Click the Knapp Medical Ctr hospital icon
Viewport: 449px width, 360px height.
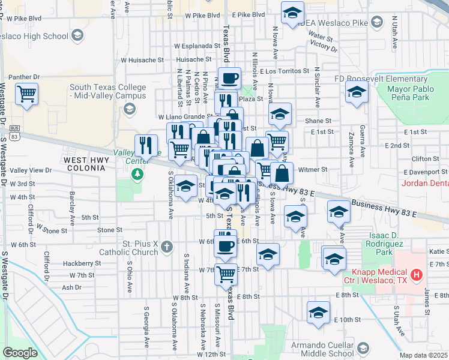[x=417, y=275]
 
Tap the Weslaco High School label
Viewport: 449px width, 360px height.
[x=35, y=36]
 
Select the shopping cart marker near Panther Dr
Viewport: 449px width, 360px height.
[x=26, y=94]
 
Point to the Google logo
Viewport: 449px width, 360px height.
[x=20, y=353]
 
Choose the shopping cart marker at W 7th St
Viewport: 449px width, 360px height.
[x=226, y=274]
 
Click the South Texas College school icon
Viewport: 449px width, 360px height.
[x=128, y=109]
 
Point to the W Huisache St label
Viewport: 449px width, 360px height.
[x=142, y=60]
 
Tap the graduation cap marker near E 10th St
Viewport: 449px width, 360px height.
[x=318, y=313]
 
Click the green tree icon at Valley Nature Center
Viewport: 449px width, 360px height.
[x=138, y=174]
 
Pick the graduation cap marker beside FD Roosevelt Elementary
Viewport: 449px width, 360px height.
[x=356, y=93]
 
